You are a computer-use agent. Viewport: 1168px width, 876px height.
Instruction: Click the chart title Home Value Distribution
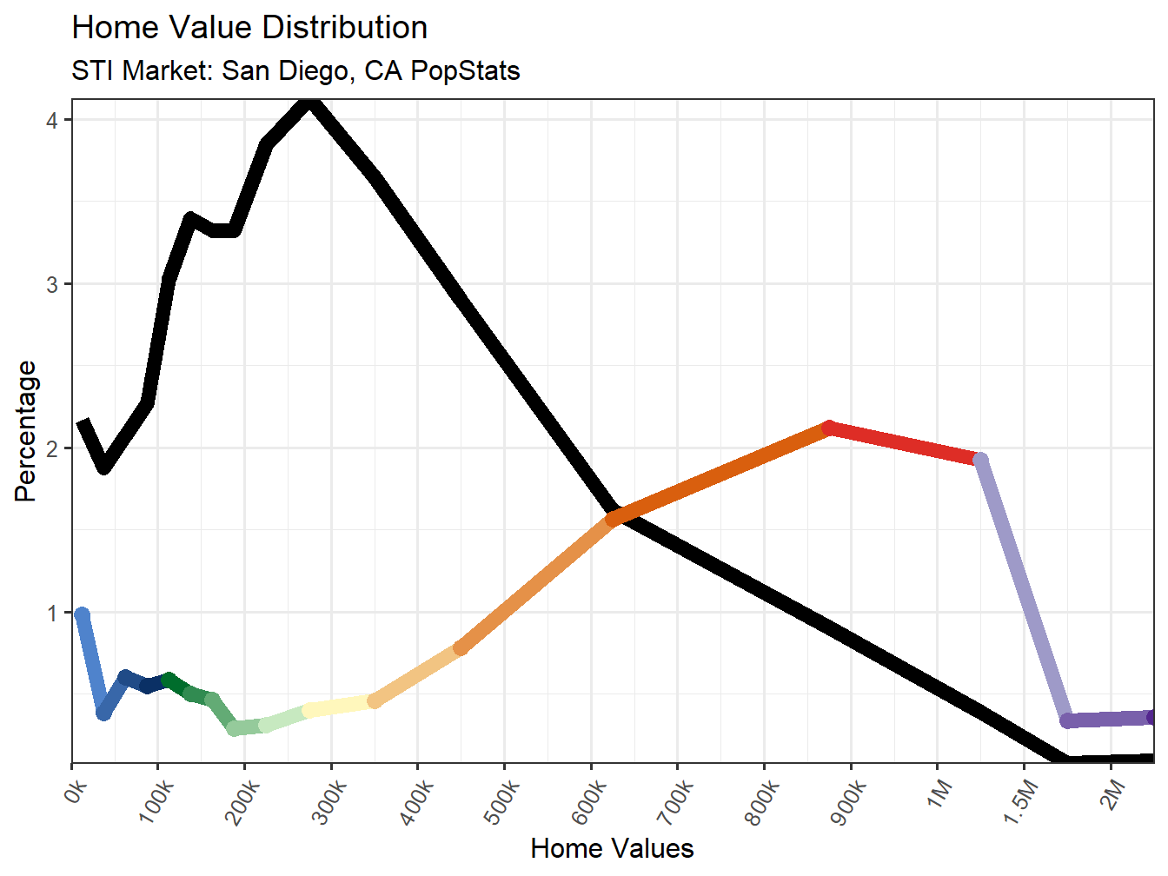point(249,28)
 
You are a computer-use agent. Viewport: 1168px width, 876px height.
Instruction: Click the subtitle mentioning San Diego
point(295,70)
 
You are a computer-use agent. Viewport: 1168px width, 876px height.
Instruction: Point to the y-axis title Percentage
point(26,431)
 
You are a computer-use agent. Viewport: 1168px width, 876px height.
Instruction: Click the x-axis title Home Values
point(612,848)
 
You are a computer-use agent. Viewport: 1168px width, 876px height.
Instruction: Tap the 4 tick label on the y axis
point(52,120)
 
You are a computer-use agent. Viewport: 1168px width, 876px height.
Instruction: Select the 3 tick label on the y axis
point(52,284)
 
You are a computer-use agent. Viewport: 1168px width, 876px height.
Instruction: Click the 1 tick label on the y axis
point(52,613)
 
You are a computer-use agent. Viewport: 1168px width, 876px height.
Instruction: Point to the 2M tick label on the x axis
point(1112,793)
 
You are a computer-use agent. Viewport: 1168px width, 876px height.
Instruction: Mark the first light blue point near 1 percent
point(82,615)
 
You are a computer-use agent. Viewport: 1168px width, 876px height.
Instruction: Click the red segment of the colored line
point(904,443)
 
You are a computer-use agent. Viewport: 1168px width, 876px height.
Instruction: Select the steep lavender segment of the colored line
point(1024,591)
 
